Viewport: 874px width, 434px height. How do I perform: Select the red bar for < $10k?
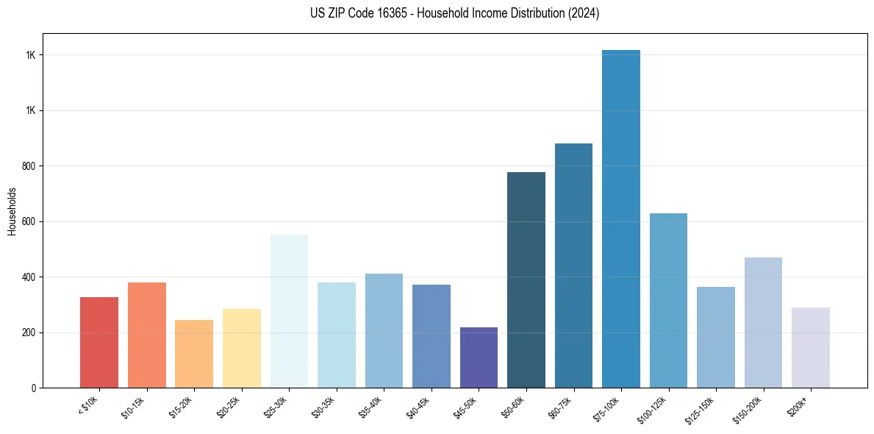tap(99, 342)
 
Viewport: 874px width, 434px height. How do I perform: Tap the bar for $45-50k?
tap(479, 357)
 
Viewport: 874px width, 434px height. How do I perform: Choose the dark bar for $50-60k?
tap(526, 280)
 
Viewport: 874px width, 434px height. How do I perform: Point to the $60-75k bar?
tap(573, 265)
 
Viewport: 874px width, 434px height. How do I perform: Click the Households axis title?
tap(12, 210)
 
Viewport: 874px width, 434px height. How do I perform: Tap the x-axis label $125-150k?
tap(706, 409)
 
